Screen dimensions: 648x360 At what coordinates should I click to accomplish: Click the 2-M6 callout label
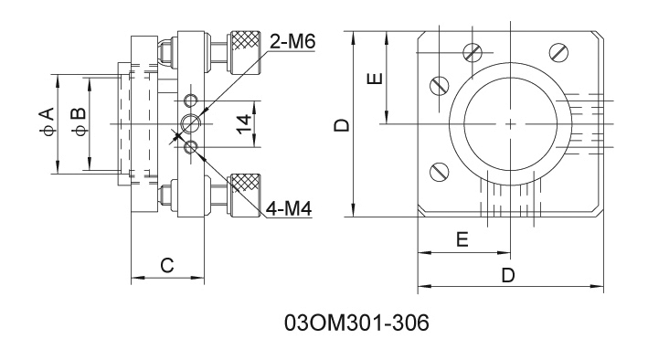pos(292,41)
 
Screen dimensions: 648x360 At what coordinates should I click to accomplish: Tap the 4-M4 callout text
pos(289,208)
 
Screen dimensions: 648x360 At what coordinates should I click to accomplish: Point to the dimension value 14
pos(244,124)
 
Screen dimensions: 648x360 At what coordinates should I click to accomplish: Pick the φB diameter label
pos(79,122)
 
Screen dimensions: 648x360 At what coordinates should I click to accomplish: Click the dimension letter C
pos(167,265)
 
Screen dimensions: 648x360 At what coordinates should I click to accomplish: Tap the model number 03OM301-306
pos(356,323)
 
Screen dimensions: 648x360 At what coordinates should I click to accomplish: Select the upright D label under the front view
pos(508,275)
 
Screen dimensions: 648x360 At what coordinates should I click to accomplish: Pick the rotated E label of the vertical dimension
pos(376,78)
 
